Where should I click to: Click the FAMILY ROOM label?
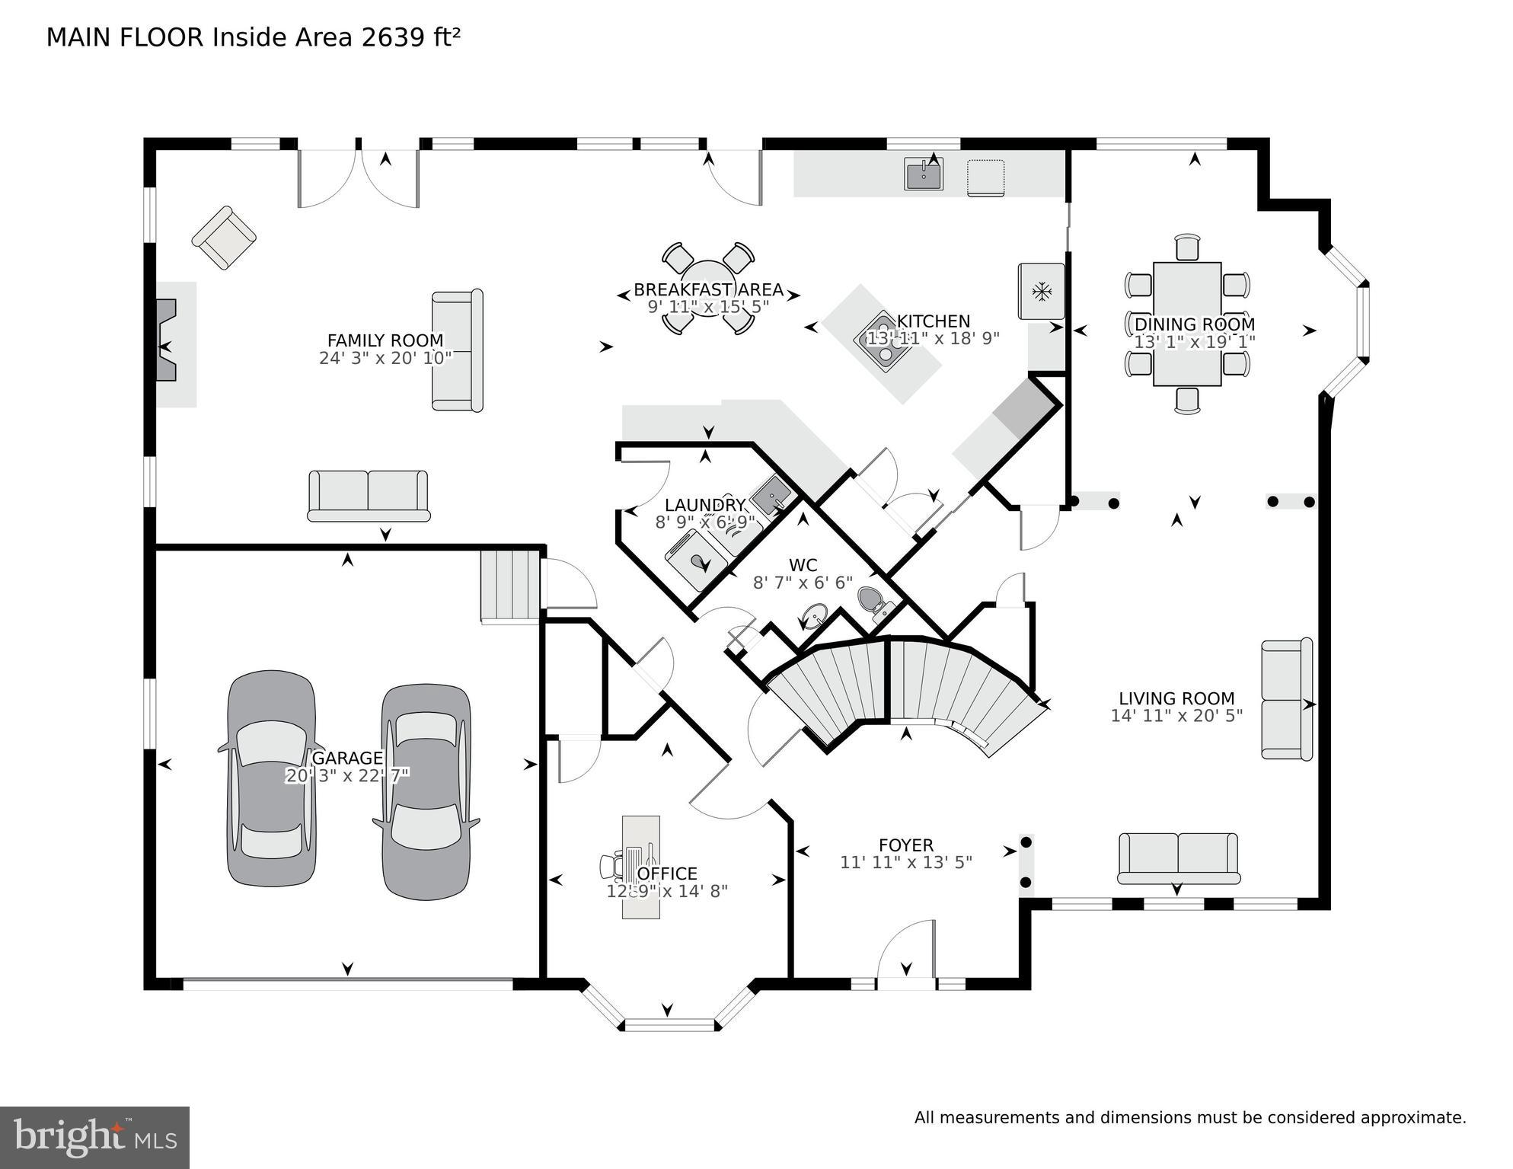click(385, 340)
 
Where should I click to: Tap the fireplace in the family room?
click(167, 340)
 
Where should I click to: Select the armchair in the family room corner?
click(223, 238)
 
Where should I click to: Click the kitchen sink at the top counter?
click(923, 174)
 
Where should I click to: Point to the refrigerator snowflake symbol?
click(1040, 291)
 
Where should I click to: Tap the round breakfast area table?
click(707, 289)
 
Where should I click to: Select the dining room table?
click(1186, 324)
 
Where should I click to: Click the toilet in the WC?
click(874, 603)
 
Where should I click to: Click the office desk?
click(640, 867)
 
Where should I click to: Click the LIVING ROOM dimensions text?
click(1176, 716)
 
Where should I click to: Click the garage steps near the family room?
click(509, 586)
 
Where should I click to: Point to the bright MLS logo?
click(94, 1138)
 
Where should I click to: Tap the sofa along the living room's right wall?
click(1286, 699)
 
